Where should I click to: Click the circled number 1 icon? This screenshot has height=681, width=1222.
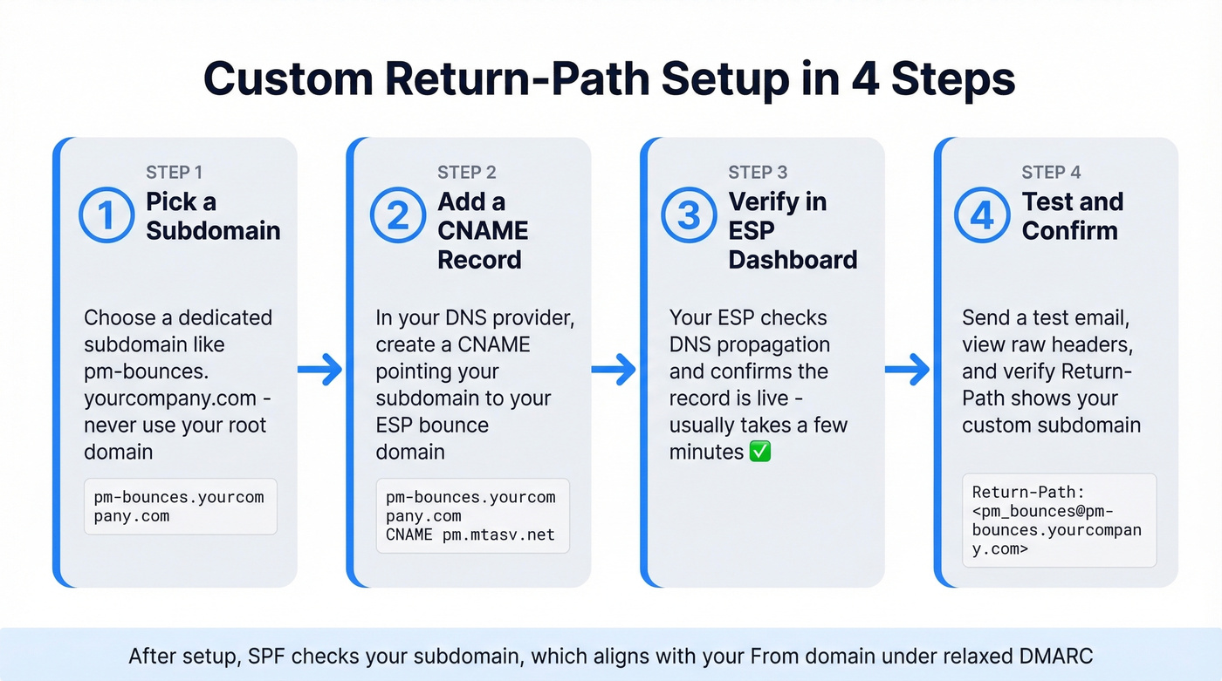pyautogui.click(x=106, y=216)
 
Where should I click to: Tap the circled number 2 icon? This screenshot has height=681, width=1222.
pyautogui.click(x=398, y=216)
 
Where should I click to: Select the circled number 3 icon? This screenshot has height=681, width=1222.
pyautogui.click(x=690, y=216)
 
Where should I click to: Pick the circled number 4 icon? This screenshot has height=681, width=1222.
pyautogui.click(x=983, y=216)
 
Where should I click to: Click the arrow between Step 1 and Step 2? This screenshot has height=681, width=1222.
pyautogui.click(x=320, y=370)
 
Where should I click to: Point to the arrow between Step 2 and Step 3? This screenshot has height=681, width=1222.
pyautogui.click(x=614, y=370)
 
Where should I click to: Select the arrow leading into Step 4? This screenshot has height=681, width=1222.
pyautogui.click(x=908, y=370)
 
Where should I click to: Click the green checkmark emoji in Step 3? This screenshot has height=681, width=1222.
pyautogui.click(x=760, y=452)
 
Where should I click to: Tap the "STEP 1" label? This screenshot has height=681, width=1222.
pyautogui.click(x=175, y=172)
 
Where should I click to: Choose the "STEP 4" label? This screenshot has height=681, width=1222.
pyautogui.click(x=1051, y=172)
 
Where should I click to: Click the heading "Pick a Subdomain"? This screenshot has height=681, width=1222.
pyautogui.click(x=213, y=216)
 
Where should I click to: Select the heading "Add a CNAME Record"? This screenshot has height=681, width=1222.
pyautogui.click(x=483, y=230)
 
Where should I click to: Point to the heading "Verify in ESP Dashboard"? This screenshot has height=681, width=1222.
pyautogui.click(x=793, y=230)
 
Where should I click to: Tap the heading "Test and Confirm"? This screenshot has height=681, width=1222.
pyautogui.click(x=1072, y=216)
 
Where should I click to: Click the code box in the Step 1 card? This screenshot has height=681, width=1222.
pyautogui.click(x=180, y=507)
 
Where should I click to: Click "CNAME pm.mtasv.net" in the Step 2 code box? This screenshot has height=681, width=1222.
pyautogui.click(x=470, y=535)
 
